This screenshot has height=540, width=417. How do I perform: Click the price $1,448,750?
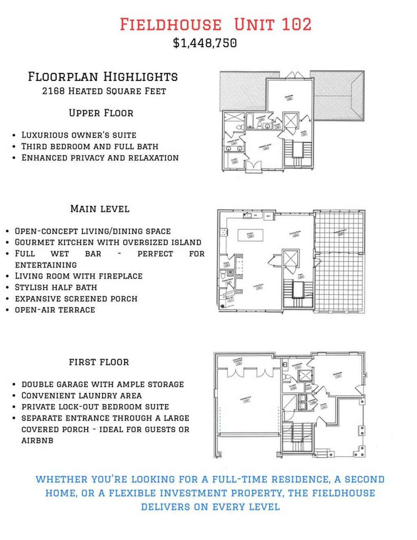coord(205,43)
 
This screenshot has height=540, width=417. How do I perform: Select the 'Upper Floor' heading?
coord(101,113)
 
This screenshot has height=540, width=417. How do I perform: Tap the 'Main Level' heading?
coord(100,209)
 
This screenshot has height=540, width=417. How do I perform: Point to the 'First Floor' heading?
coord(99,362)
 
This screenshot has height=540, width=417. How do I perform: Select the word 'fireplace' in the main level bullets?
coord(123,276)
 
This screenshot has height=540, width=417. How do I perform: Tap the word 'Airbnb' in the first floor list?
coord(37,441)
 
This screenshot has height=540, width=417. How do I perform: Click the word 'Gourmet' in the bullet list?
coord(34,242)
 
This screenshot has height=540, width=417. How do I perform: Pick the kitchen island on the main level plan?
coord(250,235)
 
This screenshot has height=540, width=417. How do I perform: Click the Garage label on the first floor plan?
coord(245,400)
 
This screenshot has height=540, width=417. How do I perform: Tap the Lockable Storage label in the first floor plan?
coord(238,360)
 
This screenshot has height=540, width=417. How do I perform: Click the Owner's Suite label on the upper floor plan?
coord(265,146)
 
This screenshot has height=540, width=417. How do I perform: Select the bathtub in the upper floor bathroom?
coord(250,121)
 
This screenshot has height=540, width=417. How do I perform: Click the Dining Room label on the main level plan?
coord(295,233)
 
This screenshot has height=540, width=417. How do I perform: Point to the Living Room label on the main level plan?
coord(259,286)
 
